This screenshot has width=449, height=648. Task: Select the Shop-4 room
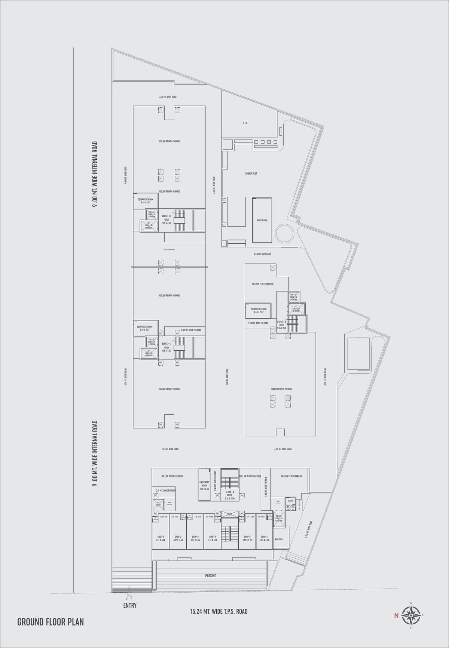213,538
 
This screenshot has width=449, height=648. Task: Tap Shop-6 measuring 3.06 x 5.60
264,538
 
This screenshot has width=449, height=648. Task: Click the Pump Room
262,220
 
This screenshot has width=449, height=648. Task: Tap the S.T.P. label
245,123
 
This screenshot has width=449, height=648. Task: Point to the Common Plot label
251,173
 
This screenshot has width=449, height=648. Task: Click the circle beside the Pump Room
285,234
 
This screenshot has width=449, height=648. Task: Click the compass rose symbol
411,615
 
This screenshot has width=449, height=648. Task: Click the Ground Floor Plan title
51,622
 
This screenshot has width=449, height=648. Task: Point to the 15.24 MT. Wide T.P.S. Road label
219,611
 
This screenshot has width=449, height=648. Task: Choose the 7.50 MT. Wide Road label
169,449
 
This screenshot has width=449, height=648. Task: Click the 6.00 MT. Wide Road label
283,449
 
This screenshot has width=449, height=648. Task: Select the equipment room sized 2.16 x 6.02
204,485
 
